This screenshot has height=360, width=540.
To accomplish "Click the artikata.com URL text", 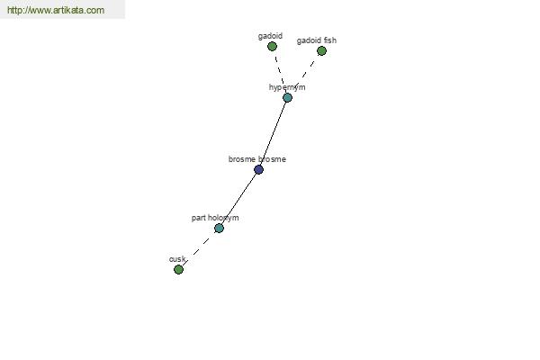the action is [x=56, y=10].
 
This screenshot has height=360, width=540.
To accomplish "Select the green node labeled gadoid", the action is [x=272, y=46].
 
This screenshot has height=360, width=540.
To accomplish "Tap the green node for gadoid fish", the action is [x=321, y=51].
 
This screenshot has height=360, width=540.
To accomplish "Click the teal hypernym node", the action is [x=288, y=98].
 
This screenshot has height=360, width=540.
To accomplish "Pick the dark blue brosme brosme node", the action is [x=258, y=169].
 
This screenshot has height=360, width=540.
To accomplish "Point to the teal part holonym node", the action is [x=219, y=228].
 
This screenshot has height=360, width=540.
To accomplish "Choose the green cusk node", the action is [x=178, y=269].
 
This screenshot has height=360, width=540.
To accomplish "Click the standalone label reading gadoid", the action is [x=270, y=36].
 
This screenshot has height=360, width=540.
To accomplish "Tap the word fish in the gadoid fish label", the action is [x=330, y=40].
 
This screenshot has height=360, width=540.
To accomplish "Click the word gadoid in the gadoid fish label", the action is [x=310, y=40].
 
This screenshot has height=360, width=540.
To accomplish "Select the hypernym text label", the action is [x=287, y=87].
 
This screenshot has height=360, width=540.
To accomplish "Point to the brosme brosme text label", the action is [x=256, y=159].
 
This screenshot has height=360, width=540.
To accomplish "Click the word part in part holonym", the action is [x=198, y=218].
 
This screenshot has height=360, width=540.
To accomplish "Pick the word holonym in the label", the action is [x=223, y=218].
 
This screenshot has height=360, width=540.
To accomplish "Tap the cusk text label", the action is [x=177, y=259].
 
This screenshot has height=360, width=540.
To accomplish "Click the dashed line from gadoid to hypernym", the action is [x=280, y=71].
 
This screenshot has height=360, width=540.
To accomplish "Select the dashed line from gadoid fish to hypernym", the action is [x=304, y=75].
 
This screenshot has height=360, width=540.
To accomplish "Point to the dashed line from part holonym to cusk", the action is [x=199, y=248].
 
